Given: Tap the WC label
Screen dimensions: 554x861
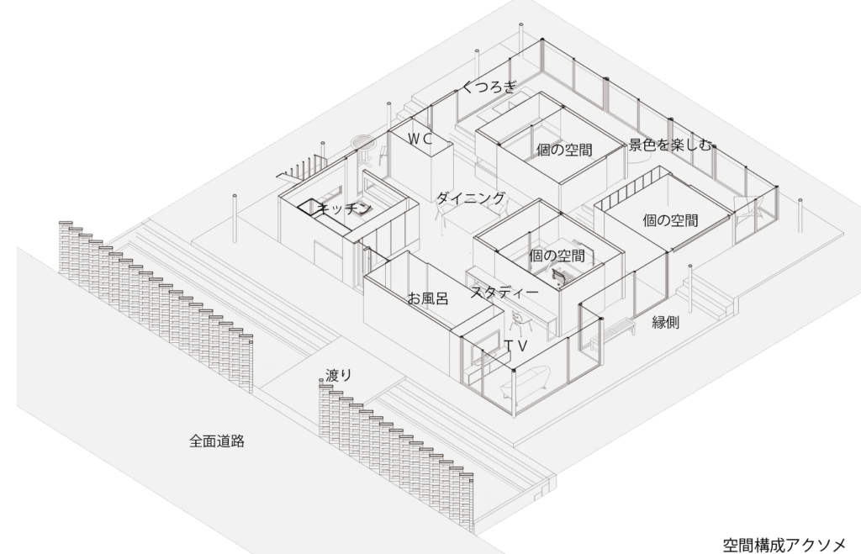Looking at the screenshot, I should coord(420,140).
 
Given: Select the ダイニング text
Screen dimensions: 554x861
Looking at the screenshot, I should coord(471,198).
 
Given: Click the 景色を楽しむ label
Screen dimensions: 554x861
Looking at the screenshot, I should coord(671,145).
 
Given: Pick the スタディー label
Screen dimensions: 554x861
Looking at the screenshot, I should coord(504,293).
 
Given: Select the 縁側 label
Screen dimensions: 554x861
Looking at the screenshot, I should coord(666,322).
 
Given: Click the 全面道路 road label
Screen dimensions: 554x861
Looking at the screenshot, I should coord(217,441).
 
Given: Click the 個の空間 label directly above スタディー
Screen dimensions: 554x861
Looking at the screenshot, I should coord(557,255).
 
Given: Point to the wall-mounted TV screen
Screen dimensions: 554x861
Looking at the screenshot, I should coord(483,358).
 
